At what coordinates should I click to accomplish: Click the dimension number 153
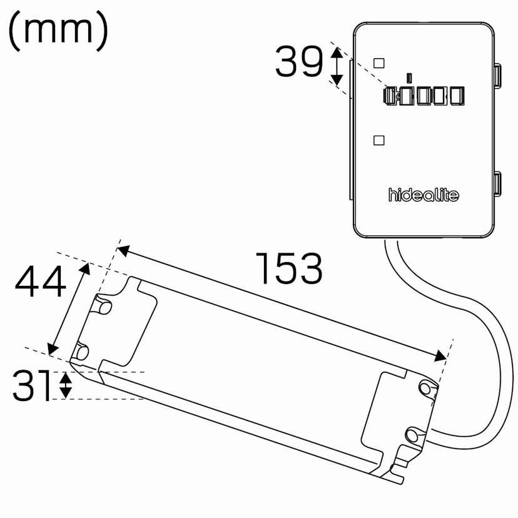click(289, 268)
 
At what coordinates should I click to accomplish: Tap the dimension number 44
click(40, 281)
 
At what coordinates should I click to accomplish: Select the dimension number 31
click(31, 385)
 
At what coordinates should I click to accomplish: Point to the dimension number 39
click(298, 61)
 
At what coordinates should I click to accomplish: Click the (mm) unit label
click(58, 31)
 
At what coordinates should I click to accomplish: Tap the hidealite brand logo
click(424, 195)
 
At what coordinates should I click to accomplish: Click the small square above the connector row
click(378, 63)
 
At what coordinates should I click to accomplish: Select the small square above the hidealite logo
click(378, 140)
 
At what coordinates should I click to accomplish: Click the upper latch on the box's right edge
click(497, 75)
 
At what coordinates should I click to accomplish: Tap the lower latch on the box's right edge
click(497, 185)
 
